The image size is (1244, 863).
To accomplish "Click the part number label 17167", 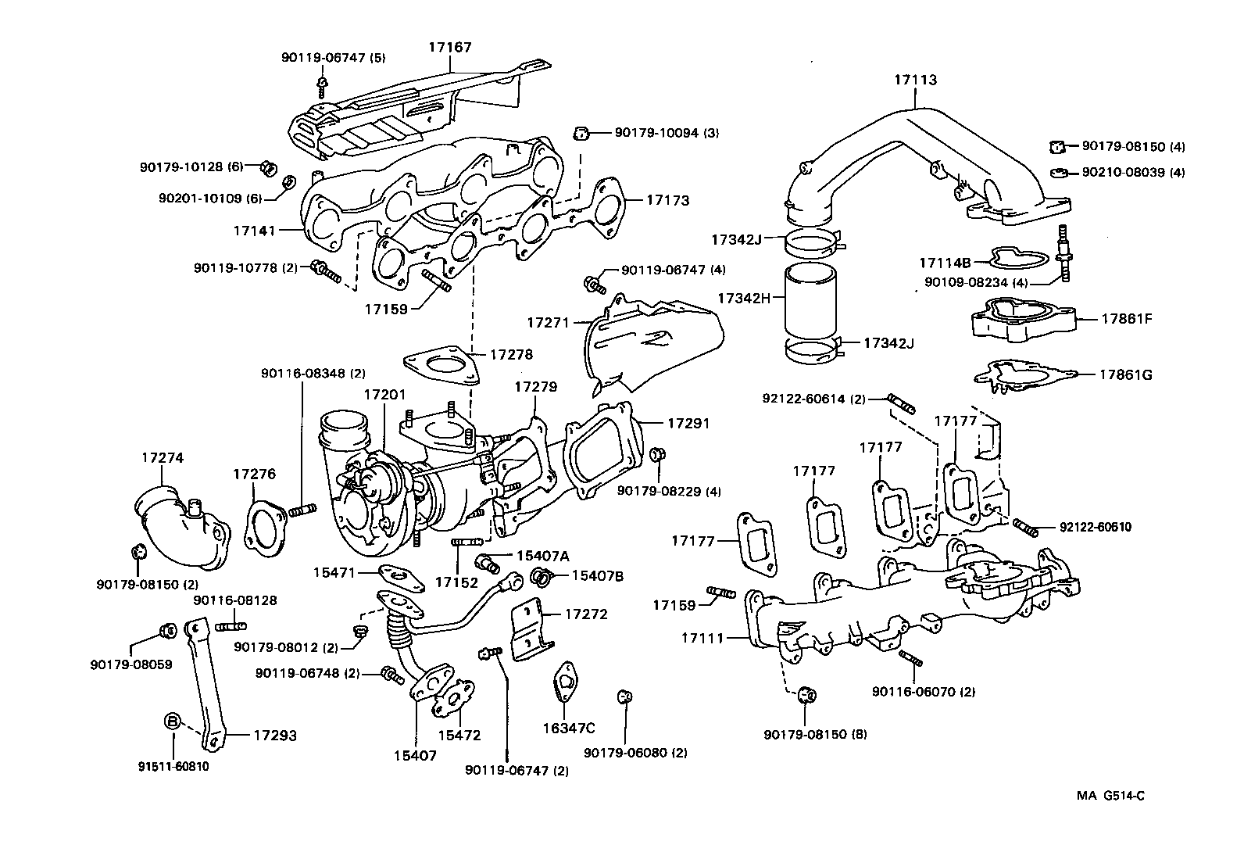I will (449, 47).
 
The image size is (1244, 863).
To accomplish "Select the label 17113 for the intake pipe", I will (915, 80).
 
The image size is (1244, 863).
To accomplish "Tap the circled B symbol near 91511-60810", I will (173, 721).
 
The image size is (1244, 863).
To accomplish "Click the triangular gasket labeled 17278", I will (440, 367).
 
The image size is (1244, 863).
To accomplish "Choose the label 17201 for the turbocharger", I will (384, 395).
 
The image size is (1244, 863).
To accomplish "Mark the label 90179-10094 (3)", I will (666, 133).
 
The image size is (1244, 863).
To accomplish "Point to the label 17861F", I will (1127, 319).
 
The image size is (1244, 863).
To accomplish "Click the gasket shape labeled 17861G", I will (1024, 374).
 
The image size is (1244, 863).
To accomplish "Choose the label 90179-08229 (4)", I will (668, 491).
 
